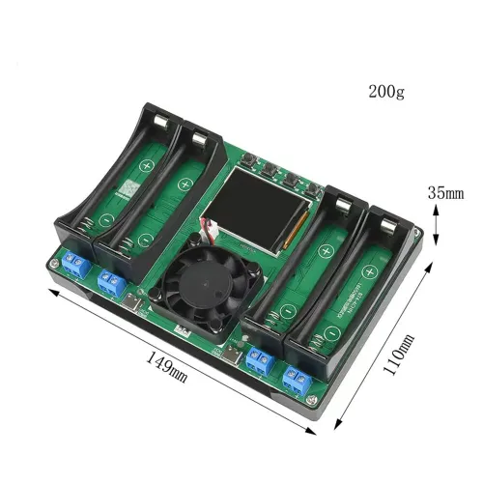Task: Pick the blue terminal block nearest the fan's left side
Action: point(110,283)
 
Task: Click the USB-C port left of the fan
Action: point(144,307)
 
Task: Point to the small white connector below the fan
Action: point(180,329)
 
